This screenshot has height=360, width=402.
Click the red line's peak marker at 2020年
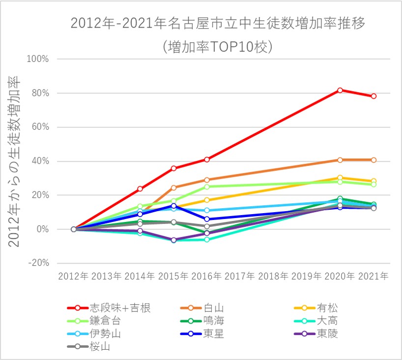click(x=340, y=90)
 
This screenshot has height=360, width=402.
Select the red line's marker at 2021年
click(x=373, y=96)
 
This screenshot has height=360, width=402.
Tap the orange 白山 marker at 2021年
click(x=373, y=160)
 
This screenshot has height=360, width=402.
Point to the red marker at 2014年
click(x=140, y=189)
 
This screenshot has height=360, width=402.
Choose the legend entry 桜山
click(x=98, y=347)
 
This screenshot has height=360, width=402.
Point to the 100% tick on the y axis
click(x=38, y=59)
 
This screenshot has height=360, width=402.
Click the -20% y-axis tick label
click(x=38, y=263)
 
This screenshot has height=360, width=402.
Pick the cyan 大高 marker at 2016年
click(x=207, y=239)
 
